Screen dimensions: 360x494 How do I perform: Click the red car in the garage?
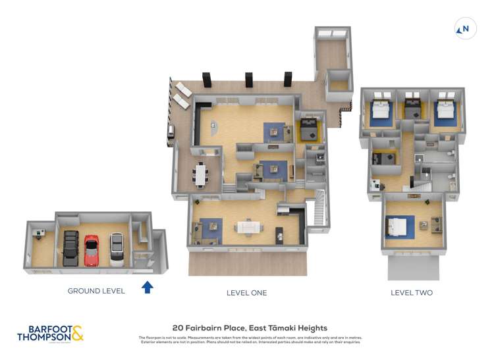click(91, 249)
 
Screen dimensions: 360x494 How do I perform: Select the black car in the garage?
click(70, 248)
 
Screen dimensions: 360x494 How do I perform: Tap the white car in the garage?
click(117, 249)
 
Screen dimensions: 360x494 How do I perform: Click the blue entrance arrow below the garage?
click(148, 286)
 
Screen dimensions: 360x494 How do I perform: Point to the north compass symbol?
click(465, 28)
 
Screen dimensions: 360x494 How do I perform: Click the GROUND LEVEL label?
click(96, 291)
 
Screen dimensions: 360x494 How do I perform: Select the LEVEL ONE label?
click(246, 293)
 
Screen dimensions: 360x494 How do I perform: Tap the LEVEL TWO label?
click(412, 293)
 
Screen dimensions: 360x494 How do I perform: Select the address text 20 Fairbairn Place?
click(250, 328)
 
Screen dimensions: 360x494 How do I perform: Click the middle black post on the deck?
click(248, 80)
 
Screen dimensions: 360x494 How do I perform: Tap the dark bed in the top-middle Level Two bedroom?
click(413, 109)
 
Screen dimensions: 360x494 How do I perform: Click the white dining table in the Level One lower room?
click(250, 227)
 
